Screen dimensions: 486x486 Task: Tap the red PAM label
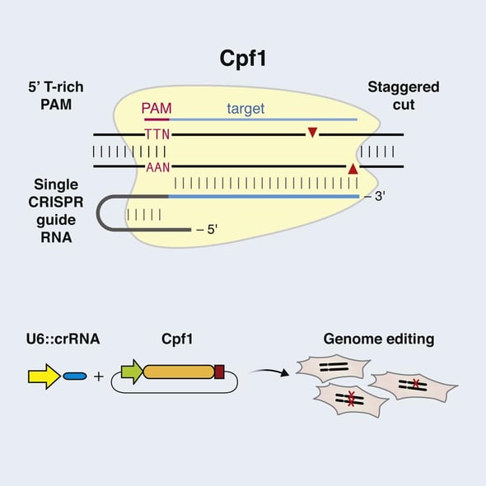pyautogui.click(x=157, y=108)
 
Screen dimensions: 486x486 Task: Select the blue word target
pyautogui.click(x=245, y=107)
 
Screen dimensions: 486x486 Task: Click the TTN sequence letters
pyautogui.click(x=157, y=133)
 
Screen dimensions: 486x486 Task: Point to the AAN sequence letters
pyautogui.click(x=157, y=167)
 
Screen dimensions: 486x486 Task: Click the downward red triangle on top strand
pyautogui.click(x=311, y=133)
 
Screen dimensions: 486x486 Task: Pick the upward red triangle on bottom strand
pyautogui.click(x=353, y=169)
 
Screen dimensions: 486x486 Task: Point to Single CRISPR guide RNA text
pyautogui.click(x=57, y=210)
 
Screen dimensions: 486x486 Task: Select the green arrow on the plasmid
pyautogui.click(x=131, y=373)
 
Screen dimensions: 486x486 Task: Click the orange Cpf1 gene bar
pyautogui.click(x=178, y=373)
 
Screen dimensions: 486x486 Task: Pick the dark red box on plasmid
pyautogui.click(x=219, y=373)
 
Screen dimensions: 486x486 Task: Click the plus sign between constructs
pyautogui.click(x=99, y=376)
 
